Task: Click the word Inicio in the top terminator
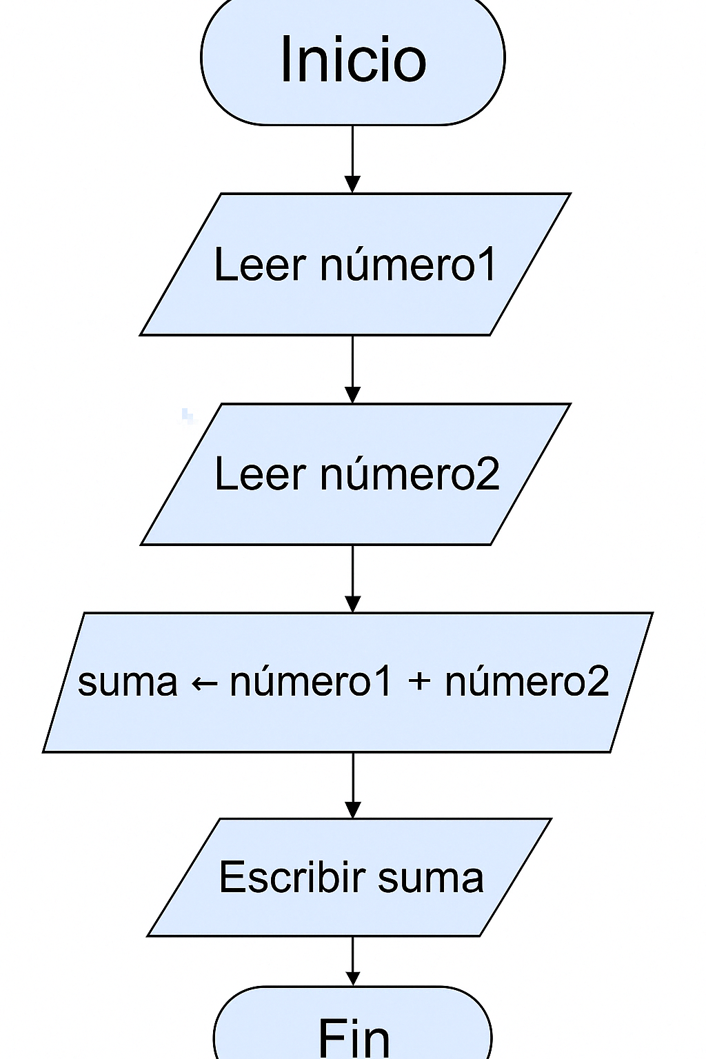(353, 59)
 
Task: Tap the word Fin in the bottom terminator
(354, 1037)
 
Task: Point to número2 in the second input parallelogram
(410, 474)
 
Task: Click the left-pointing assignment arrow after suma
(204, 683)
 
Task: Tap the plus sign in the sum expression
(419, 682)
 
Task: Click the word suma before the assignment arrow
(128, 682)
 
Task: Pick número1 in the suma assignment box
(310, 682)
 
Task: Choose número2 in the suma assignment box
(527, 682)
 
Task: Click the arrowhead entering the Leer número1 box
(352, 184)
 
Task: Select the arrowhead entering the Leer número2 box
(352, 394)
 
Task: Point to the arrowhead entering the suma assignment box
(352, 603)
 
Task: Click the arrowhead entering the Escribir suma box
(353, 809)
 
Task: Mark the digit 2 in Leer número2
(487, 474)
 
